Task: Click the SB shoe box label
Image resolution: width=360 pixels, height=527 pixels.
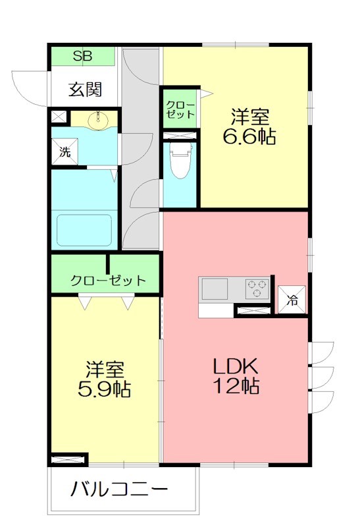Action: (x=83, y=55)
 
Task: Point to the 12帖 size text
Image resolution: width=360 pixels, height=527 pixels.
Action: (x=234, y=386)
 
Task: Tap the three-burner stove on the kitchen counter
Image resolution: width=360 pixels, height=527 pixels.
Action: (x=257, y=288)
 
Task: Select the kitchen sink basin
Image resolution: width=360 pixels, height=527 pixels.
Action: (x=214, y=288)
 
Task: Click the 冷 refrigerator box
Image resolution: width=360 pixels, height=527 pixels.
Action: (x=292, y=300)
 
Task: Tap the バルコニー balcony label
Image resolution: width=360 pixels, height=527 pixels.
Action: (x=120, y=490)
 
